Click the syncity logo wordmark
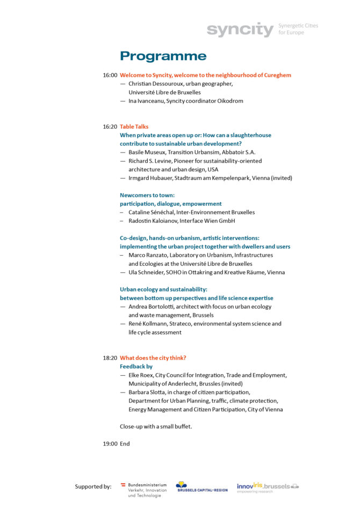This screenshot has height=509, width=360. click(240, 30)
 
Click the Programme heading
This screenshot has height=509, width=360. click(163, 56)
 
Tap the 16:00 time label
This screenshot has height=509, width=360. click(110, 75)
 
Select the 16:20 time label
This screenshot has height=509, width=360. click(110, 127)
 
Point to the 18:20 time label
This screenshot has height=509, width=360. click(110, 358)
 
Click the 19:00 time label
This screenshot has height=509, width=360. click(110, 444)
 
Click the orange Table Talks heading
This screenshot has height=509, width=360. click(134, 127)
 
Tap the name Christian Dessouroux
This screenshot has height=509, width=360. click(153, 84)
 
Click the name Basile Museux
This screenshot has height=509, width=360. click(147, 152)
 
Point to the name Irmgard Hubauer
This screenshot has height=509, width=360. click(150, 178)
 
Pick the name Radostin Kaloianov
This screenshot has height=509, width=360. click(152, 221)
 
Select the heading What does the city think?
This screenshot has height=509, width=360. click(153, 358)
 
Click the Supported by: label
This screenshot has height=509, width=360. click(93, 486)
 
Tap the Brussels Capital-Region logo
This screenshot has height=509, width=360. click(201, 486)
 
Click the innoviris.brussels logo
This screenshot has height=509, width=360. click(268, 486)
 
